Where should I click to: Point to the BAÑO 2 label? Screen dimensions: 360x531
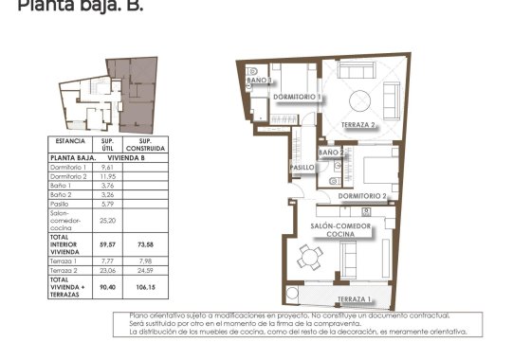click(x=331, y=152)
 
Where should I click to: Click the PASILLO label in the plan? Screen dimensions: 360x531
click(x=302, y=167)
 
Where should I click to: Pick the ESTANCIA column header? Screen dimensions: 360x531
click(x=71, y=145)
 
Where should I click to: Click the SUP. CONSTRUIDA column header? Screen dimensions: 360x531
click(x=146, y=145)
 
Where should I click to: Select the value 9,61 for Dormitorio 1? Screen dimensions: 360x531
click(x=107, y=167)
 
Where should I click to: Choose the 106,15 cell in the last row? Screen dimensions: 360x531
click(x=146, y=284)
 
